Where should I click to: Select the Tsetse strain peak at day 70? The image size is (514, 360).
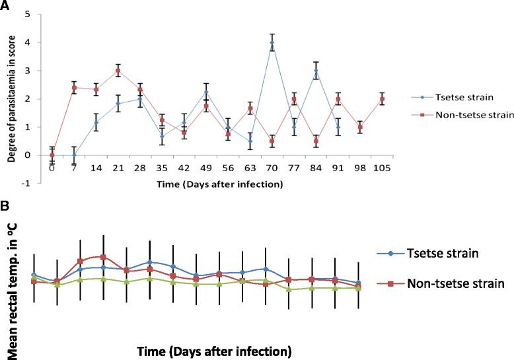[272, 43]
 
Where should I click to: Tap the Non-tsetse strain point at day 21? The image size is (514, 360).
[118, 71]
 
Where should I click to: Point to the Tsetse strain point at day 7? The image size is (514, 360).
[74, 155]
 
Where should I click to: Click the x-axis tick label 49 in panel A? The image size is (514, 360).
[206, 168]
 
